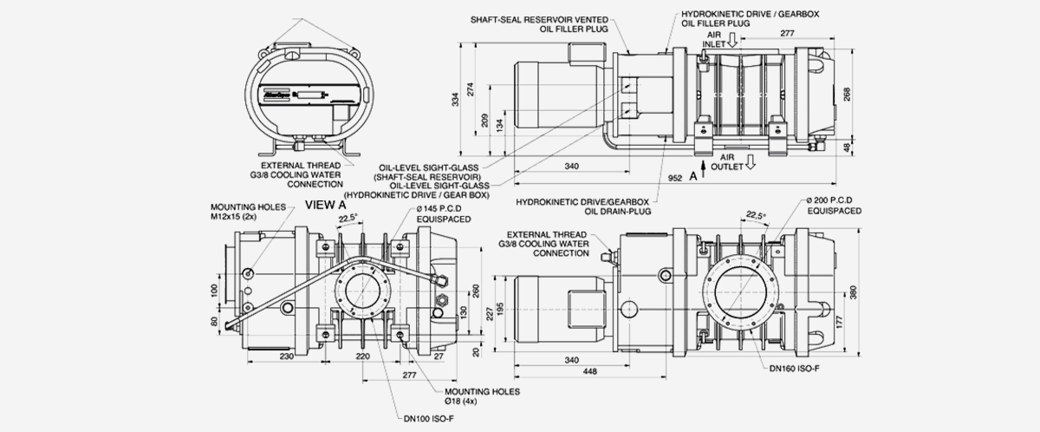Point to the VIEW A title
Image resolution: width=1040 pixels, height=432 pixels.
point(326,206)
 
